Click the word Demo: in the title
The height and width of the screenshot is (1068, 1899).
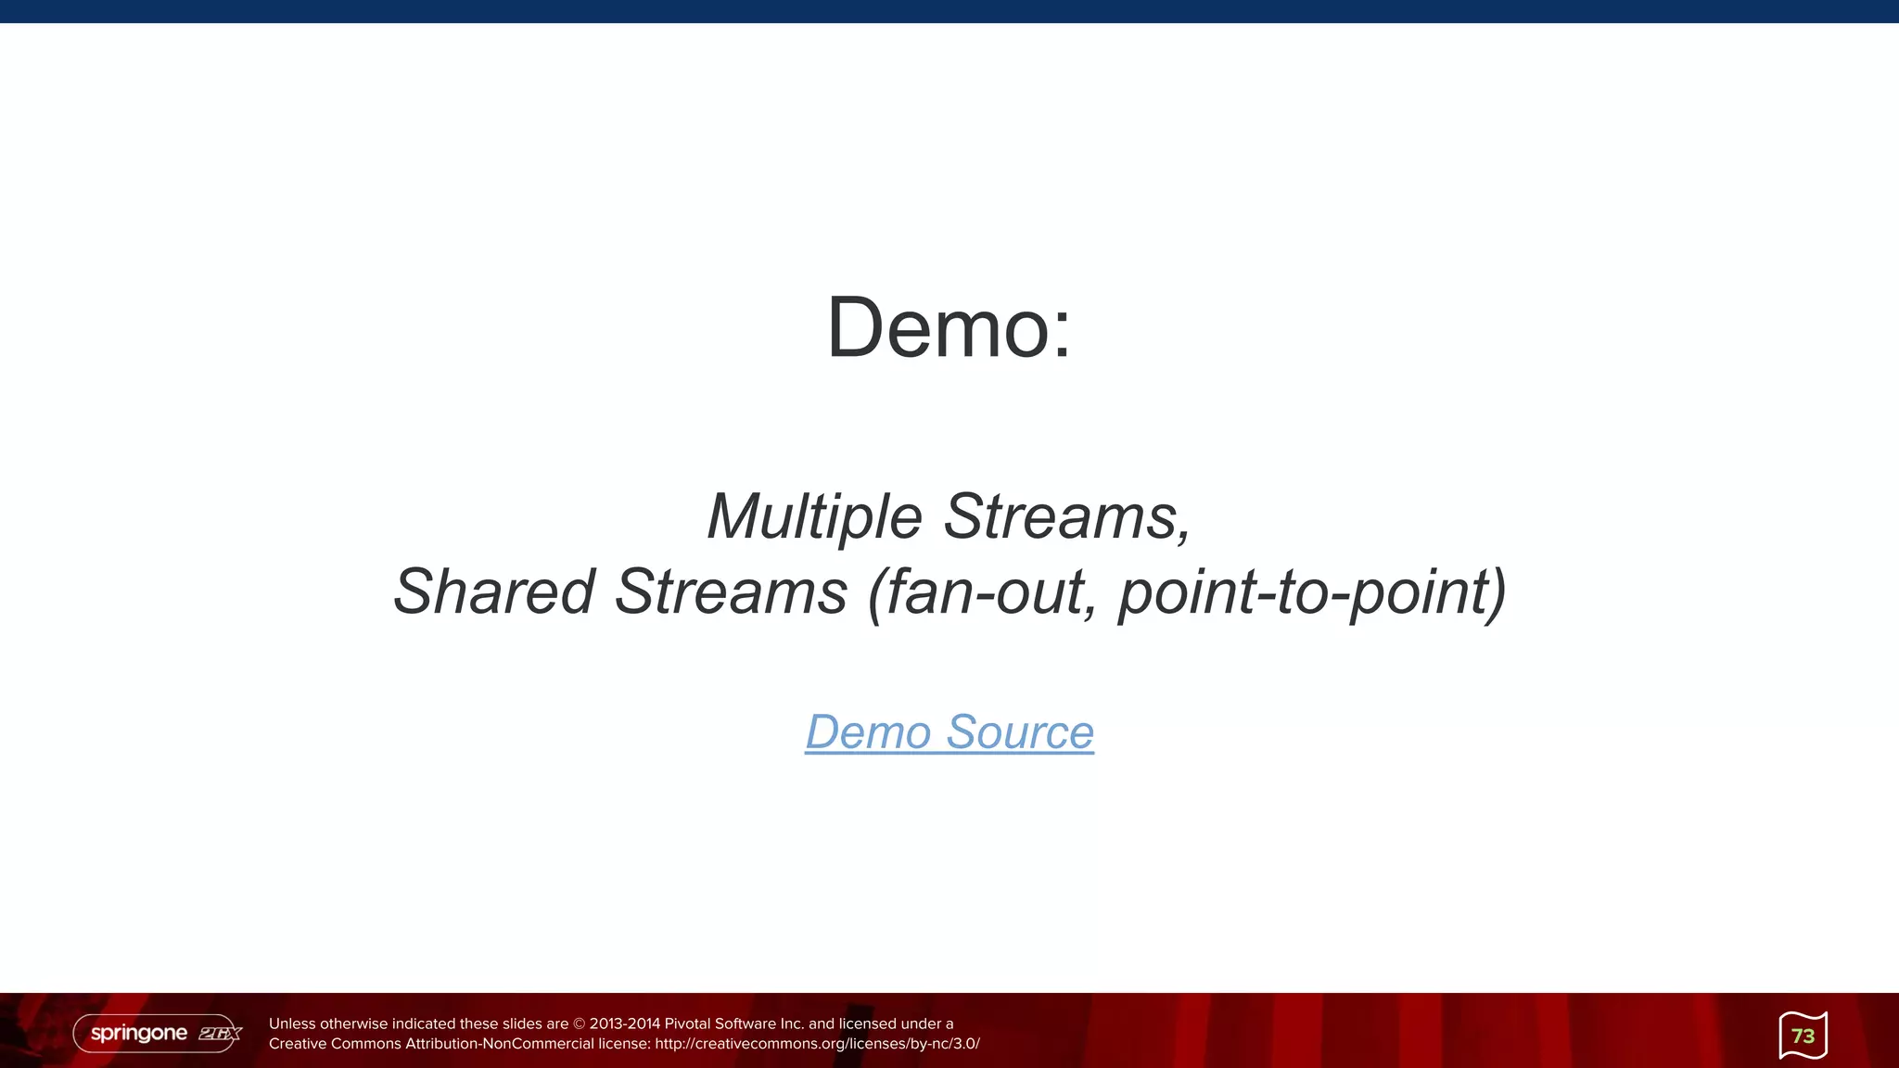[949, 328]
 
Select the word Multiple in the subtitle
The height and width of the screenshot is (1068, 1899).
[814, 516]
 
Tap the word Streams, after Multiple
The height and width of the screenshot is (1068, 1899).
[1067, 516]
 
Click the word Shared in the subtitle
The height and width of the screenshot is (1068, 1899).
[493, 591]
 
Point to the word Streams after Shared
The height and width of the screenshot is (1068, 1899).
[731, 591]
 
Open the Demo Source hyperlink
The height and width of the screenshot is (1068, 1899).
[949, 732]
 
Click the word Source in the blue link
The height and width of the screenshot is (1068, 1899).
[1020, 732]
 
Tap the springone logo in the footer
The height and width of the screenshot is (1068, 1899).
[139, 1033]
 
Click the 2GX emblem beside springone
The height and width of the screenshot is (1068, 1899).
[220, 1034]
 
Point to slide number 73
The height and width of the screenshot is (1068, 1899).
[1803, 1036]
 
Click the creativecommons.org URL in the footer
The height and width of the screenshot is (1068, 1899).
[817, 1044]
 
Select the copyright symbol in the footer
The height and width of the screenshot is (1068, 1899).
[580, 1024]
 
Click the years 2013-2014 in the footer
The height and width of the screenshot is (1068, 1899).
[625, 1024]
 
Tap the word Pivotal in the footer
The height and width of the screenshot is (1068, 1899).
[687, 1024]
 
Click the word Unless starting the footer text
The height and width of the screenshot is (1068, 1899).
[292, 1024]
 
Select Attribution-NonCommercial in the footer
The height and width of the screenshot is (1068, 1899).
[500, 1044]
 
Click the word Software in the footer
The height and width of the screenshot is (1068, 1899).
[746, 1024]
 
